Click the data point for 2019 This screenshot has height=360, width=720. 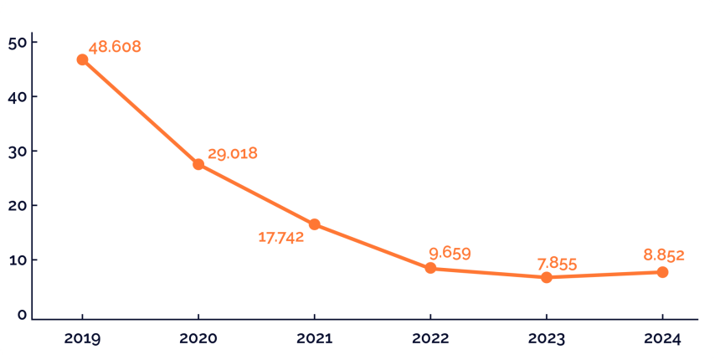82,59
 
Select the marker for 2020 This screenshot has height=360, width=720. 198,164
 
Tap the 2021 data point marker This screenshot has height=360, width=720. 314,224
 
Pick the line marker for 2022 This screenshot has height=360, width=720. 430,268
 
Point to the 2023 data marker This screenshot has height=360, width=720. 547,277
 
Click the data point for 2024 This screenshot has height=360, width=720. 662,272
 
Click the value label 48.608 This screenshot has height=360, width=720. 115,47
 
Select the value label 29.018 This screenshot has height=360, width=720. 233,153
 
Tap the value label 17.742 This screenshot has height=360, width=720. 281,238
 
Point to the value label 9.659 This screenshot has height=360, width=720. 450,254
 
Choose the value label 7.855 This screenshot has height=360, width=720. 557,265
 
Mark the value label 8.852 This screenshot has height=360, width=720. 664,255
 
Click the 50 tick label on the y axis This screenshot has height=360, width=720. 18,42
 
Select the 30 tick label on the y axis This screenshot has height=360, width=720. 18,151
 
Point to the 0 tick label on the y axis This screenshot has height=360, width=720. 23,315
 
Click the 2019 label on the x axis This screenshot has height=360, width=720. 82,339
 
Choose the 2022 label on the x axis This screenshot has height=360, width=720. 430,339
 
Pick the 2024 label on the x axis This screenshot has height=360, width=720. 662,339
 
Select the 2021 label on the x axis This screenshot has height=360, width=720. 314,339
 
